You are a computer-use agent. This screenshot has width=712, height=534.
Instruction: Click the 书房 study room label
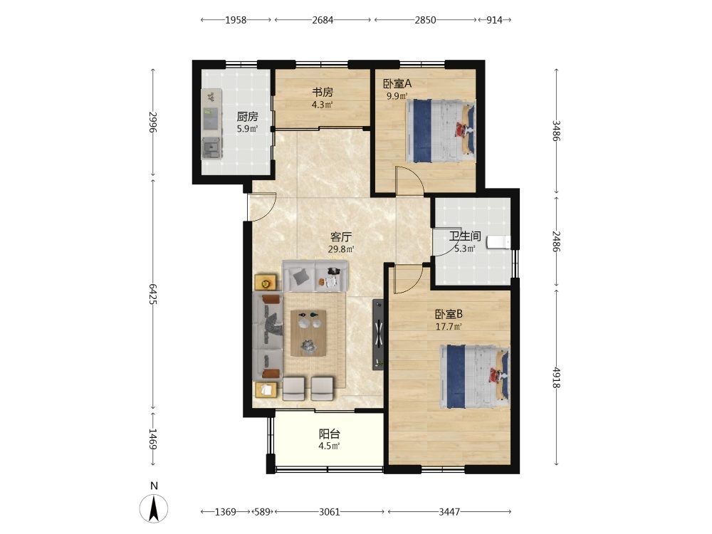point(323,92)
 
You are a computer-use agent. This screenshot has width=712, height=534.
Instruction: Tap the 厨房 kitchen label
point(248,117)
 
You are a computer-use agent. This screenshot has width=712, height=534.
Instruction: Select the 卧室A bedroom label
point(397,83)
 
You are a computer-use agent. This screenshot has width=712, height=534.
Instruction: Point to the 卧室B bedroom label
point(449,314)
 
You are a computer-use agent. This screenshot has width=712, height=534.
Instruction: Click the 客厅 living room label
point(341,237)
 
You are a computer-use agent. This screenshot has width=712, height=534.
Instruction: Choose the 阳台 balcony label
point(329,434)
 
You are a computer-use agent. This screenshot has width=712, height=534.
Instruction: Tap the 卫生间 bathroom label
point(465,236)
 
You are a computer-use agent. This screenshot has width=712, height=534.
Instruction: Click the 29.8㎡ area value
point(341,249)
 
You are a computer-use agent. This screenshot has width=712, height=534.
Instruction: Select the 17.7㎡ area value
point(449,327)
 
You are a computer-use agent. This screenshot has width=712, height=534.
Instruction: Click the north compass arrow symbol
point(154,508)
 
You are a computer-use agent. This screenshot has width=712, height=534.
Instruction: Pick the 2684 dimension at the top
point(323,20)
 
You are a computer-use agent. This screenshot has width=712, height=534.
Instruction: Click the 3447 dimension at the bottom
point(449,512)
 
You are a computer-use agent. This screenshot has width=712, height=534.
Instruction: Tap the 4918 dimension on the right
point(556,377)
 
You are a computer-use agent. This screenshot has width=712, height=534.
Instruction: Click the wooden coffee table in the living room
point(308,333)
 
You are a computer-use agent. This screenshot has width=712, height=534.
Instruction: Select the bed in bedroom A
point(441,131)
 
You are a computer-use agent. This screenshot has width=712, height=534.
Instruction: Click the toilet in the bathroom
point(498,242)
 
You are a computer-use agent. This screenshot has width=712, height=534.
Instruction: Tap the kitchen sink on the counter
point(211,147)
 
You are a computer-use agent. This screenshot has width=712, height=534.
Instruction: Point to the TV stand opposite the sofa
point(378,334)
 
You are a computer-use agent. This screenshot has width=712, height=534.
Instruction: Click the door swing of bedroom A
point(409,181)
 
